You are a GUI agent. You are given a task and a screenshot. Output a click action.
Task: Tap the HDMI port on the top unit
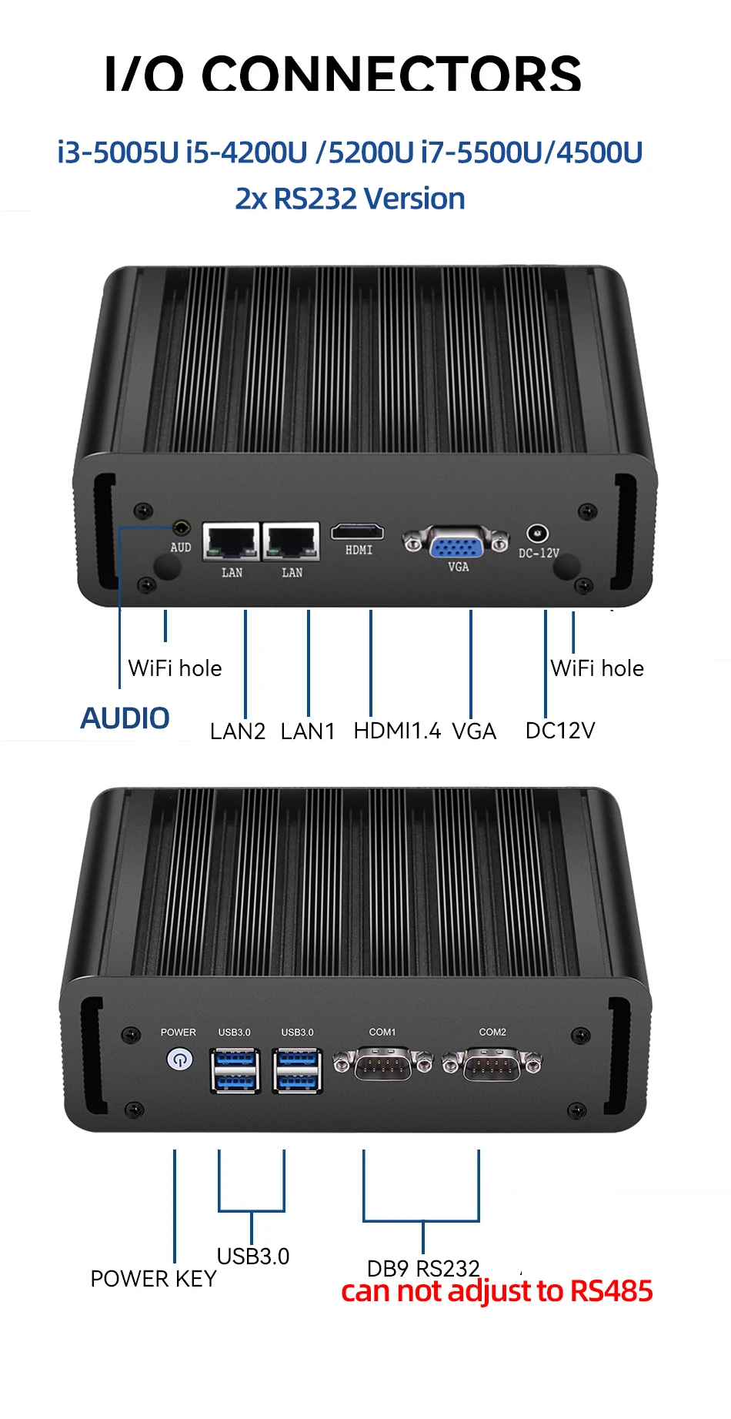point(358,531)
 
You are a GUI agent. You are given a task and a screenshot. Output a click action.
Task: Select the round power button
point(179,1059)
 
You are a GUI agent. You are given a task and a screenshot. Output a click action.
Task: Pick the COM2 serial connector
point(492,1064)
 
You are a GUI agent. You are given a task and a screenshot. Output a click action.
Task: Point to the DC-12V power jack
point(537,533)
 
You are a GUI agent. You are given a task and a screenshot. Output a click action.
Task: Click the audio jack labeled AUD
point(182,529)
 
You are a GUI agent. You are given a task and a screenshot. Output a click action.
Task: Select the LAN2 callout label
point(238,731)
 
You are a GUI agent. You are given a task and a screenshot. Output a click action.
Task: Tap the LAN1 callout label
point(308,731)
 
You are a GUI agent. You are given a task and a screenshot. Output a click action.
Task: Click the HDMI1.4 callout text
point(397,730)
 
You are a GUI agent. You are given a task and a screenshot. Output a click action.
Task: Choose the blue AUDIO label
point(125,718)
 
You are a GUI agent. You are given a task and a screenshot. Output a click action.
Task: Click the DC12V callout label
point(560,730)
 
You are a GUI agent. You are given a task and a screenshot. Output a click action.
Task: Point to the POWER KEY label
point(153,1279)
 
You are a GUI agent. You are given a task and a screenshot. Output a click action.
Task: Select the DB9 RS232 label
point(423,1268)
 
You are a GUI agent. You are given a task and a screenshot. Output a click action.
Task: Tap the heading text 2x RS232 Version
point(350,199)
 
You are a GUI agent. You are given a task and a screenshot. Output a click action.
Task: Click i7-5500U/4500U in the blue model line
point(532,152)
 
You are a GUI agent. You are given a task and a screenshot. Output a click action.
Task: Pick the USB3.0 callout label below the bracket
point(253,1256)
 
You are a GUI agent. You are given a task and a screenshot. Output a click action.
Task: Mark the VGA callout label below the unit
point(474,731)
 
